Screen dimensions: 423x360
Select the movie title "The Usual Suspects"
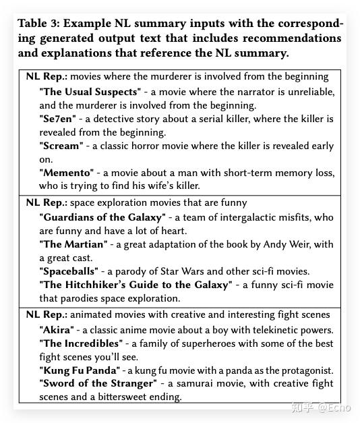[90, 91]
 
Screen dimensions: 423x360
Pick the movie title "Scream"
[61, 146]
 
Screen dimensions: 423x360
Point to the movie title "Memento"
[67, 173]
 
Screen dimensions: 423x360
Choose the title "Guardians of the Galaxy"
[102, 217]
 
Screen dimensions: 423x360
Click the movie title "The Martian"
[73, 244]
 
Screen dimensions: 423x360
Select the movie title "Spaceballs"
[69, 271]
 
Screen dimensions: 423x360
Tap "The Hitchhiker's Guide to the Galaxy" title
[136, 285]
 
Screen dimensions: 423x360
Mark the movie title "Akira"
[56, 330]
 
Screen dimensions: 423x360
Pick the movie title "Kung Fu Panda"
[80, 370]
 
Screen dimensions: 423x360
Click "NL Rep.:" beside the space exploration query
[47, 202]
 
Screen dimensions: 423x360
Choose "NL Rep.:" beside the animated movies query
[47, 314]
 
